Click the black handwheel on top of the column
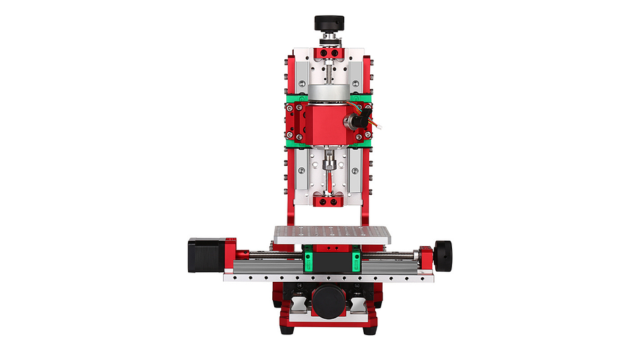coord(329,22)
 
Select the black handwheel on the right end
coord(443,255)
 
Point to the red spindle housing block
coord(328,124)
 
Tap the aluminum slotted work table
coord(331,235)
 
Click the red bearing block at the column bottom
coord(329,200)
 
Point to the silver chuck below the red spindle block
coord(328,162)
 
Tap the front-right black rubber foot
coord(369,330)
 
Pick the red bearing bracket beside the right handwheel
coord(426,256)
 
